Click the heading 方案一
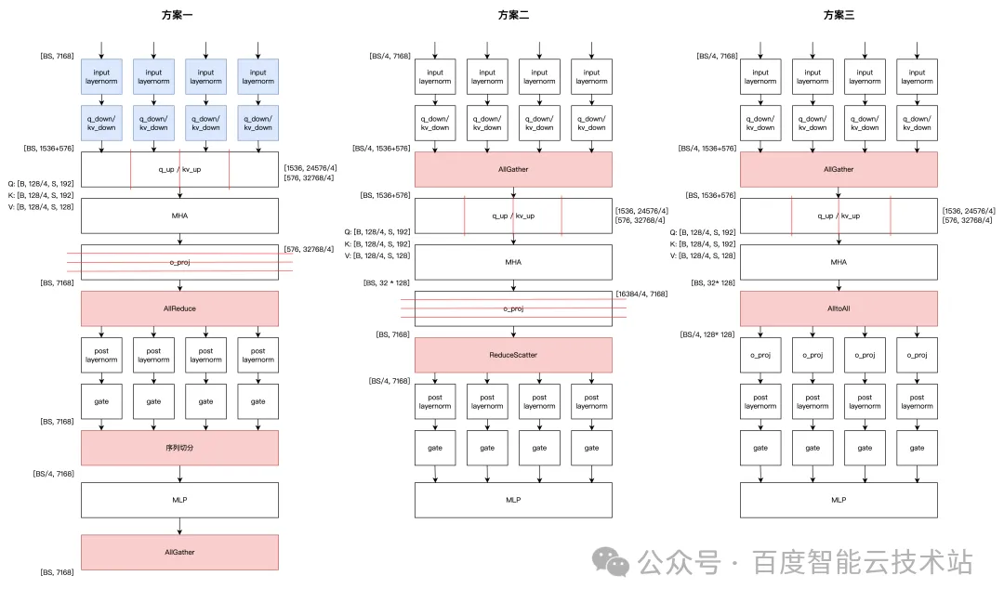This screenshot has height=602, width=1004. click(x=180, y=15)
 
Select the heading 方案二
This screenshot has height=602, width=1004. click(x=513, y=15)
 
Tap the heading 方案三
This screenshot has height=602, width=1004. click(x=839, y=15)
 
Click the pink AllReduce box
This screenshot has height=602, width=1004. click(x=180, y=308)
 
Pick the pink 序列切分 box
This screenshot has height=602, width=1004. click(x=180, y=448)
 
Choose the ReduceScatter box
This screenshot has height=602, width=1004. click(x=513, y=355)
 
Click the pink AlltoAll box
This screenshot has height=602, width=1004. click(x=839, y=308)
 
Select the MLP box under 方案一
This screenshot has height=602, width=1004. click(x=180, y=500)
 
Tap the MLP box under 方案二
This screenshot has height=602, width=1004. click(x=513, y=500)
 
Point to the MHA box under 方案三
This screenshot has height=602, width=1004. click(x=839, y=262)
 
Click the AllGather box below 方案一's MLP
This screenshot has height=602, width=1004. click(x=180, y=552)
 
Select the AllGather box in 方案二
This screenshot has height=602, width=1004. click(x=513, y=169)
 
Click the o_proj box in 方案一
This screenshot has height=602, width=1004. click(x=180, y=262)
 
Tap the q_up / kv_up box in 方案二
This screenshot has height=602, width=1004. click(x=513, y=216)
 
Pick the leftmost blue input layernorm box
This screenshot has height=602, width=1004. click(x=102, y=77)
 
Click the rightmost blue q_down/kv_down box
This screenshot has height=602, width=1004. click(x=258, y=123)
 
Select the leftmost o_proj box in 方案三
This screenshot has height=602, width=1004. click(x=760, y=355)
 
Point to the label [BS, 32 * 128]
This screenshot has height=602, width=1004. click(x=384, y=287)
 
